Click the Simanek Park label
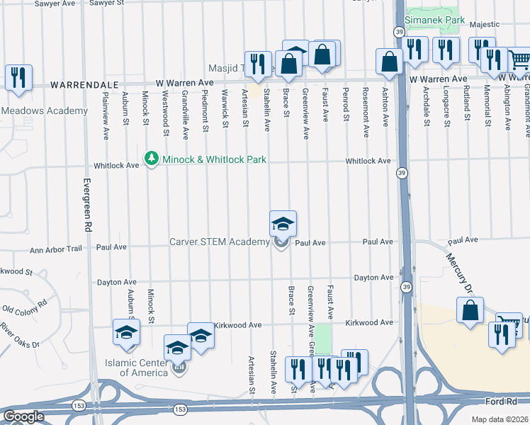coord(435,21)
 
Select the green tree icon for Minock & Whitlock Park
coord(151,159)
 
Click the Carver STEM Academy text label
coord(220,242)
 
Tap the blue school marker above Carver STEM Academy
coord(283,224)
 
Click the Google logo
coord(23,416)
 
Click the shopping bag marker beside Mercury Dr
coord(470,311)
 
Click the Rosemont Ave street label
coord(366,102)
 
